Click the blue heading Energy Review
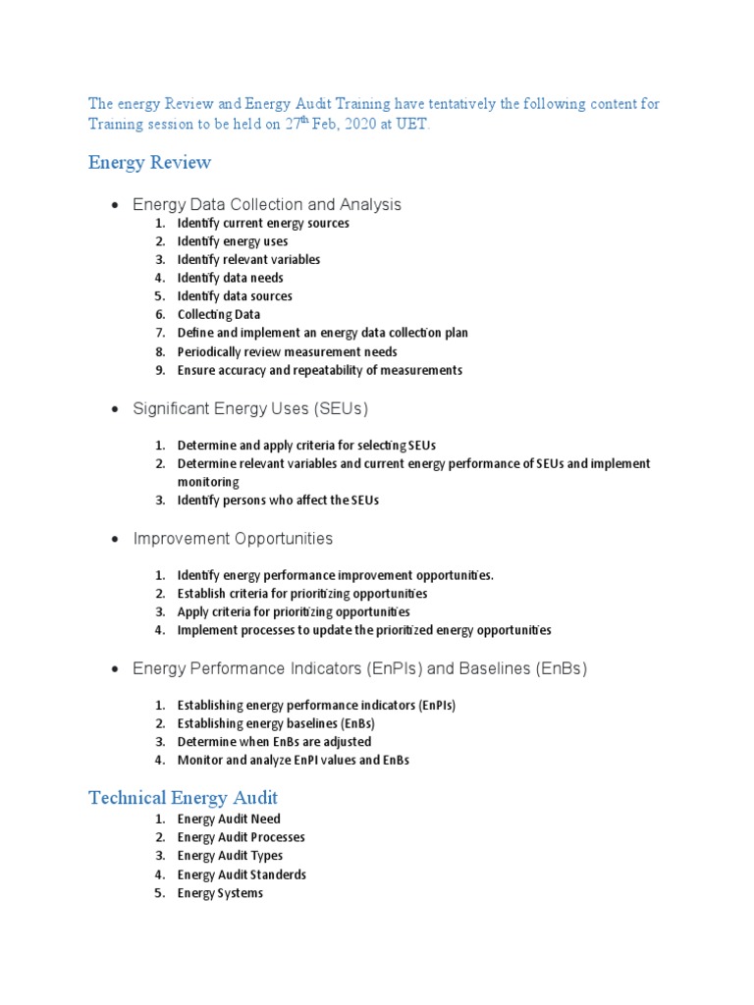coord(149,162)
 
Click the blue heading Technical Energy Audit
coord(183,797)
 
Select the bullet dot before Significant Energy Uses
coord(115,408)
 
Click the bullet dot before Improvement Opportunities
coord(115,539)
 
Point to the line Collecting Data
coord(218,315)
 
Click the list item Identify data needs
coord(230,278)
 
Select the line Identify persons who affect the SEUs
coord(277,501)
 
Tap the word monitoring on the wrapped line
coord(208,482)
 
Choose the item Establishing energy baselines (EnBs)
coord(276,723)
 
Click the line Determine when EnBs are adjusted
coord(274,742)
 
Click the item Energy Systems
coord(220,893)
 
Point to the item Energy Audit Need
coord(229,819)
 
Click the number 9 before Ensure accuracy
coord(159,371)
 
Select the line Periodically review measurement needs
coord(287,352)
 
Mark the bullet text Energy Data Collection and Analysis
coord(266,204)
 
